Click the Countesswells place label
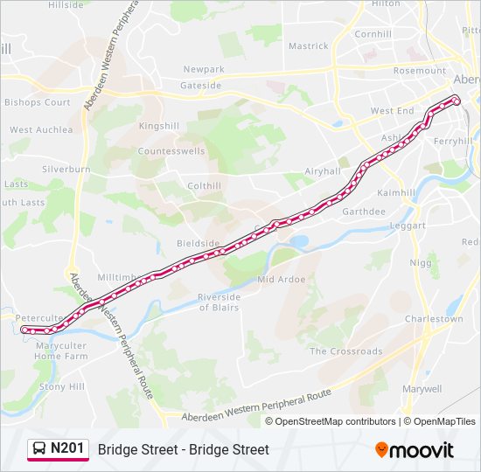[x=171, y=151]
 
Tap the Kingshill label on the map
[x=158, y=126]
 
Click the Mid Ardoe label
[x=281, y=280]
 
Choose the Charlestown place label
[x=434, y=319]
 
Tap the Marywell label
[x=422, y=388]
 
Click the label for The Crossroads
[x=346, y=351]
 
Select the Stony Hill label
[x=63, y=386]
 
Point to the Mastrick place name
[x=309, y=46]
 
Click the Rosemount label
[x=420, y=71]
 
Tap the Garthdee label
[x=364, y=212]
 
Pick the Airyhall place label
[x=323, y=171]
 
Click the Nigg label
[x=421, y=262]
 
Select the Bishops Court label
[x=38, y=102]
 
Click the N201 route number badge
[x=67, y=449]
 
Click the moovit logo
[x=415, y=450]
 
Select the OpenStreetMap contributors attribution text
[x=336, y=421]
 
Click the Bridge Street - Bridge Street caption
[x=184, y=449]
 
